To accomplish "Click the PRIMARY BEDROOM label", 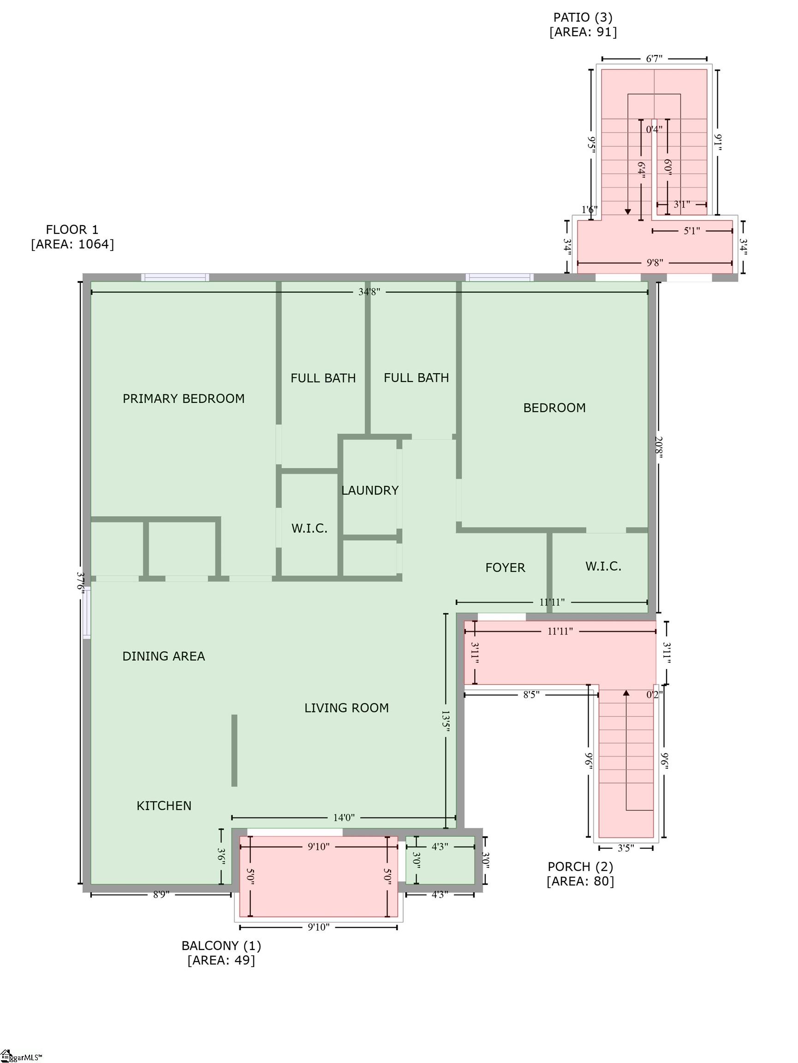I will [184, 398].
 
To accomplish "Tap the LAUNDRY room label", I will [369, 490].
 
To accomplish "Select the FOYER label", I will [505, 567].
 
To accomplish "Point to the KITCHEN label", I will [164, 806].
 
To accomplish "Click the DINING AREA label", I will [163, 656].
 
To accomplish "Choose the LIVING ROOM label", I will [346, 707].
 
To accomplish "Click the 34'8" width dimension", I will [369, 292].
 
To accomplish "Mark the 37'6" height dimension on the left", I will [80, 582].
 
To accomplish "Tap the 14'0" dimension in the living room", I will [344, 818].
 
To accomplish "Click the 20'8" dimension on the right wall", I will [658, 448].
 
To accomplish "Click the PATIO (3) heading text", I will [583, 17].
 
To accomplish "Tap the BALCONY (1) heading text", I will [221, 945].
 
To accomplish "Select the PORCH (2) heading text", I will [580, 866].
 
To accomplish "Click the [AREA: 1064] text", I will [72, 244].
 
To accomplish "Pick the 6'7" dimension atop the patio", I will [654, 59].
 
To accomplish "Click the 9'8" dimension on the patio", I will [655, 263].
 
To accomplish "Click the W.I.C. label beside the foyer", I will [603, 566].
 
